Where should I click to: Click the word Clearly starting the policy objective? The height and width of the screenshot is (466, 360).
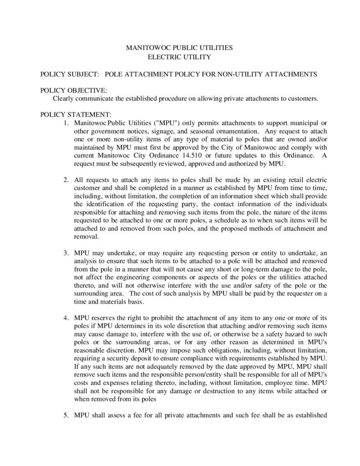click(64, 98)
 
